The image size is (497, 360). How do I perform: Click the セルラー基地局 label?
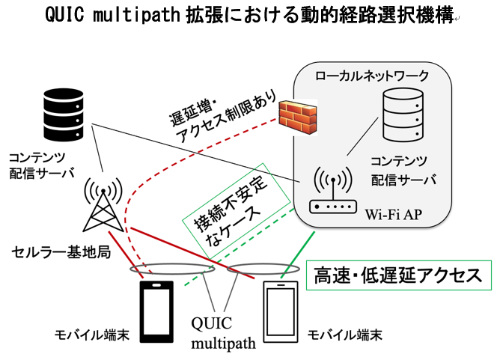tap(61, 251)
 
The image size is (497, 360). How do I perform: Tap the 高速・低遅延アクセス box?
tap(397, 275)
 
